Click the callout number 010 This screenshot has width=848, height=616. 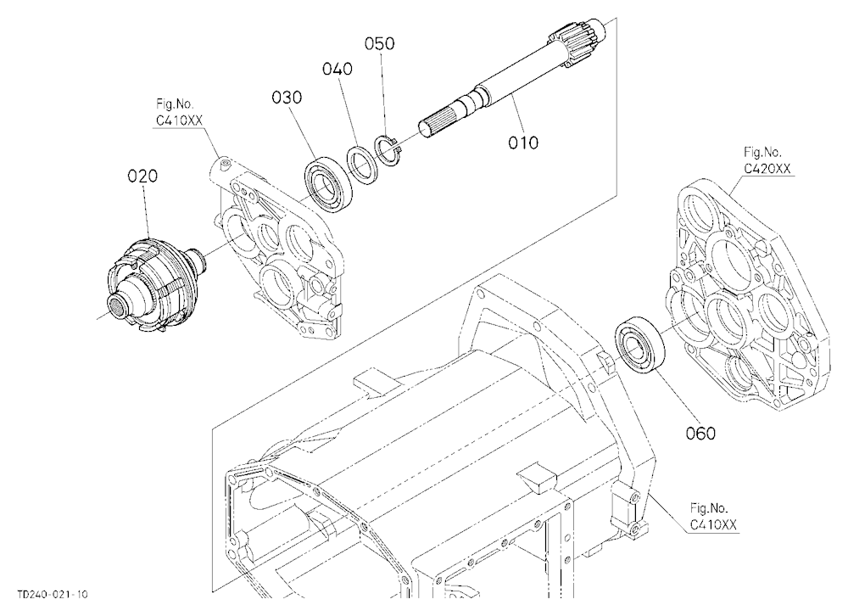523,143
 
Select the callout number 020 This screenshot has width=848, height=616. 142,176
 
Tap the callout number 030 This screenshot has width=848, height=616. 287,98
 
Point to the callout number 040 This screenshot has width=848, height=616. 338,69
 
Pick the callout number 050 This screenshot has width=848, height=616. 380,43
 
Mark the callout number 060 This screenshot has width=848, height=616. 700,433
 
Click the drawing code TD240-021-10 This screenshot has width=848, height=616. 52,594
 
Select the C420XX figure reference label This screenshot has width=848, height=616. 767,169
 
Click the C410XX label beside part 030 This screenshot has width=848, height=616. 179,120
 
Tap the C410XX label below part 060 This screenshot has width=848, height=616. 713,524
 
